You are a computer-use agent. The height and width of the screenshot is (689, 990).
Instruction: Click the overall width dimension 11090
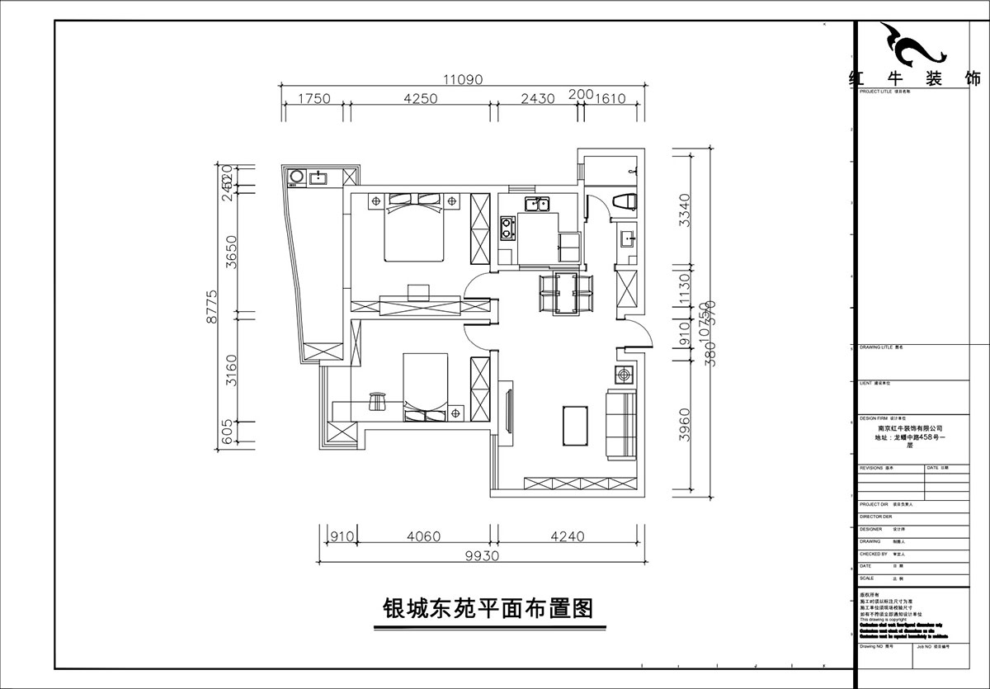462,79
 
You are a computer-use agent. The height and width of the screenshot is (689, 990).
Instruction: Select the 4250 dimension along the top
419,99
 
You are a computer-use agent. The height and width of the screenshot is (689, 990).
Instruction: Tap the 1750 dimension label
313,99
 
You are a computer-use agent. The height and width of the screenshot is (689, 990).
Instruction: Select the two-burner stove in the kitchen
507,228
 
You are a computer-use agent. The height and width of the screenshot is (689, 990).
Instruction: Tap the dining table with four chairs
566,293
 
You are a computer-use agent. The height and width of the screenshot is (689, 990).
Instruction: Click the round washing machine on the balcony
295,177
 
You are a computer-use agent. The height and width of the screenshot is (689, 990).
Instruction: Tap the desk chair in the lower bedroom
379,400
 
